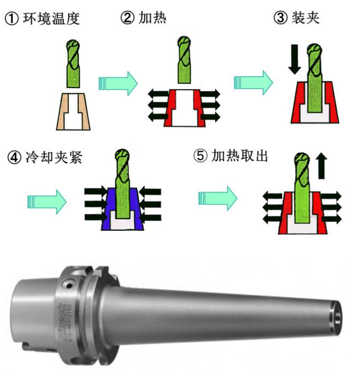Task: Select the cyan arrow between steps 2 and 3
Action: tap(253, 83)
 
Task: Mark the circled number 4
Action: tap(14, 158)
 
